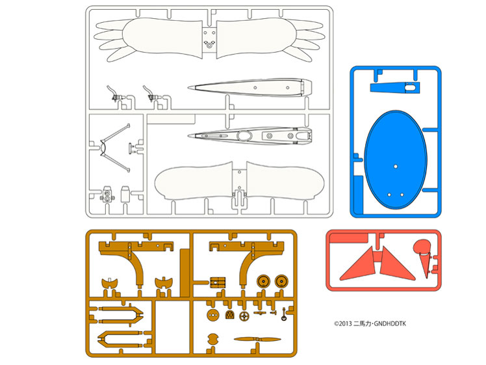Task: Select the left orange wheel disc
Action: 263,281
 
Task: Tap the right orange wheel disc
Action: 281,281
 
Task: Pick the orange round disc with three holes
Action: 211,315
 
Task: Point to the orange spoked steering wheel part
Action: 244,316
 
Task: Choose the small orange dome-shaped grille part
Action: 229,315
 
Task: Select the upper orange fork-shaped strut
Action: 121,314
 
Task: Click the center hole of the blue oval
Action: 395,167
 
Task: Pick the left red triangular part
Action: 359,265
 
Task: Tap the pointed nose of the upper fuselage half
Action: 189,89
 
